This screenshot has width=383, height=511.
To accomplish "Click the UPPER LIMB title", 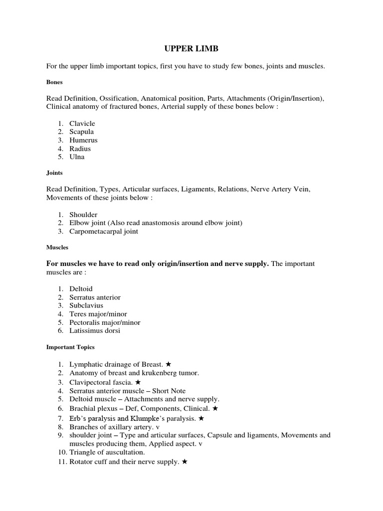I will tap(191, 49).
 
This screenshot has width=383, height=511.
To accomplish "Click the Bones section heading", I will tap(54, 82).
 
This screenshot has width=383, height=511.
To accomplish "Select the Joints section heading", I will tap(54, 174).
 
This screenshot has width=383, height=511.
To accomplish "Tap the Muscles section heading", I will tap(57, 247).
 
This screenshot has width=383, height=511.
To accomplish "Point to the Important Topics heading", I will tap(70, 347).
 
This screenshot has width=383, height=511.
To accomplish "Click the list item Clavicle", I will tap(82, 123).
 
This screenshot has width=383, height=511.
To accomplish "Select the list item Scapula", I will tap(81, 132).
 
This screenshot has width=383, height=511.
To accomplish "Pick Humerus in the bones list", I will tap(83, 140).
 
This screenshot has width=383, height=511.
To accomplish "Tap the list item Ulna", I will tap(77, 157).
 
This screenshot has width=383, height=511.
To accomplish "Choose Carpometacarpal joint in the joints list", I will tap(104, 231).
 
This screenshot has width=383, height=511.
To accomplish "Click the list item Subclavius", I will tap(86, 305).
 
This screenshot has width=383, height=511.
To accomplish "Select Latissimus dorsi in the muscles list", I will tap(95, 330).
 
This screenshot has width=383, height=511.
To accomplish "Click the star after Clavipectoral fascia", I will tap(138, 382).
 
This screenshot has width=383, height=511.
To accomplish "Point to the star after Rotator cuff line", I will tap(185, 462).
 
